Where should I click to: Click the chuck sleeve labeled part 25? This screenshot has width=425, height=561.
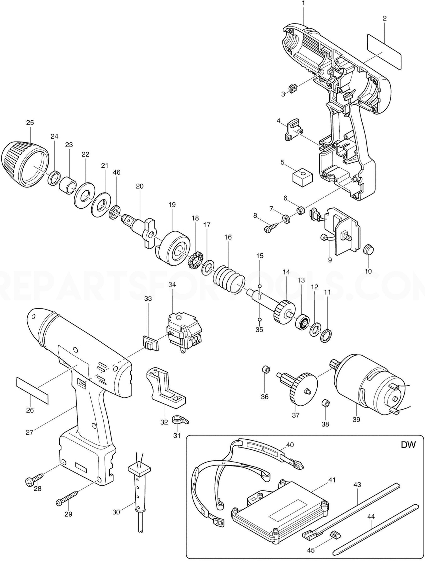(25, 164)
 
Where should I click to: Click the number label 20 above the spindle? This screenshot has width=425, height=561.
(139, 186)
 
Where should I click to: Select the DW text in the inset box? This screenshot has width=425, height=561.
(408, 445)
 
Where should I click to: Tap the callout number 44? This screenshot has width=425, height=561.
(371, 517)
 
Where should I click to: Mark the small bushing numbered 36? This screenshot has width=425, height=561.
(265, 369)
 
